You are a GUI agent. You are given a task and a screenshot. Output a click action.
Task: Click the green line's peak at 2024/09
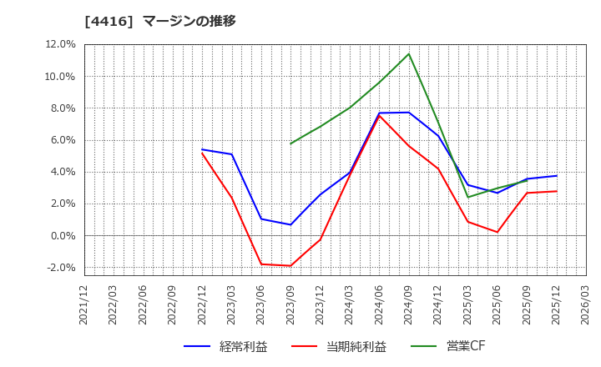(x=409, y=54)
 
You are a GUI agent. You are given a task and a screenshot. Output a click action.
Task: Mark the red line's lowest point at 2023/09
(x=290, y=266)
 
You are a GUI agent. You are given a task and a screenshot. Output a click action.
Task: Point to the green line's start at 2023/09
(x=290, y=143)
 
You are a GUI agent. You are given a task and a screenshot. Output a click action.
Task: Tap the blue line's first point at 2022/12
(x=202, y=149)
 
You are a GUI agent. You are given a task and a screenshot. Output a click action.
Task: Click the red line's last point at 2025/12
(x=557, y=191)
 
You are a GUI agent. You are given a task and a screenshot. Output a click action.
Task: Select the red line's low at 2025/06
(x=497, y=232)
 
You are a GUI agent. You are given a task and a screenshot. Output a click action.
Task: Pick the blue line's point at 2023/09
(x=290, y=224)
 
